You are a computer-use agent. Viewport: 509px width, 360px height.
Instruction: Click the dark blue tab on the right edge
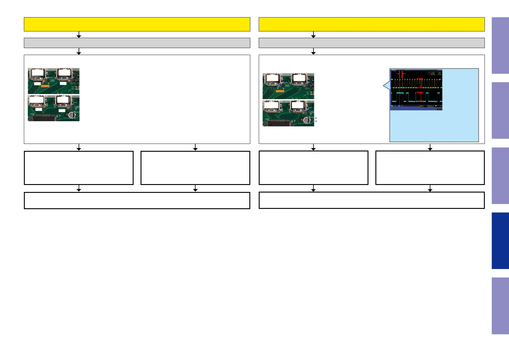tap(500, 241)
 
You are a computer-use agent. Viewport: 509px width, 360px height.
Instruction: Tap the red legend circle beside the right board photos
tap(316, 118)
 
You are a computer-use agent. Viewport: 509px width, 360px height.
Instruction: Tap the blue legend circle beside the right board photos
tap(316, 121)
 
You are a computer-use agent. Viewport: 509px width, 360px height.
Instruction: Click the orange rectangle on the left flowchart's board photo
tap(45, 86)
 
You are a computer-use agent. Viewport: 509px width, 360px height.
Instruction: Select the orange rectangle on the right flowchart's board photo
tap(280, 91)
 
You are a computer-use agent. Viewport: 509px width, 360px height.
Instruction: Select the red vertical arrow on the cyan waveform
tap(420, 97)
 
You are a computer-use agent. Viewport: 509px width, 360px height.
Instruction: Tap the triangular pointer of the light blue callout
tap(386, 86)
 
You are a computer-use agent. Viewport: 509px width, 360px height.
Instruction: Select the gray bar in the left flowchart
tap(137, 43)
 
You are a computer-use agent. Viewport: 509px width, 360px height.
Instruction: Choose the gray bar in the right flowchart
tap(371, 43)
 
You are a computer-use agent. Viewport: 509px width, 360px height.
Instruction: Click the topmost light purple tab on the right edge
tap(500, 45)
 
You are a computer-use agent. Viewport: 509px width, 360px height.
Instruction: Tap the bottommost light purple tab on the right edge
tap(500, 306)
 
